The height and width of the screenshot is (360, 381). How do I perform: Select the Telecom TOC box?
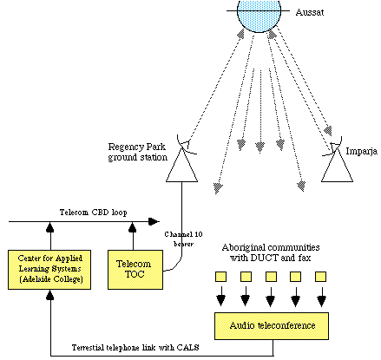pos(132,269)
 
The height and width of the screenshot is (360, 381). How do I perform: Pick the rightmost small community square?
pos(322,278)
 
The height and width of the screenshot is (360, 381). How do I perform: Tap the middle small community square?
pos(270,278)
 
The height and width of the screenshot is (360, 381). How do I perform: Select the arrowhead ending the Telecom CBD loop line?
pos(155,222)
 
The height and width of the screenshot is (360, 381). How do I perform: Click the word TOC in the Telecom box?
pos(132,275)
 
